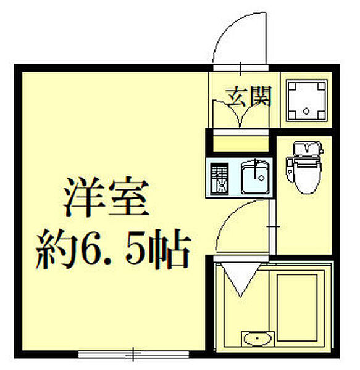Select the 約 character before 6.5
[x=52, y=250]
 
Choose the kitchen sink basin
[x=254, y=176]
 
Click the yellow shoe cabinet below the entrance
[x=240, y=144]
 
